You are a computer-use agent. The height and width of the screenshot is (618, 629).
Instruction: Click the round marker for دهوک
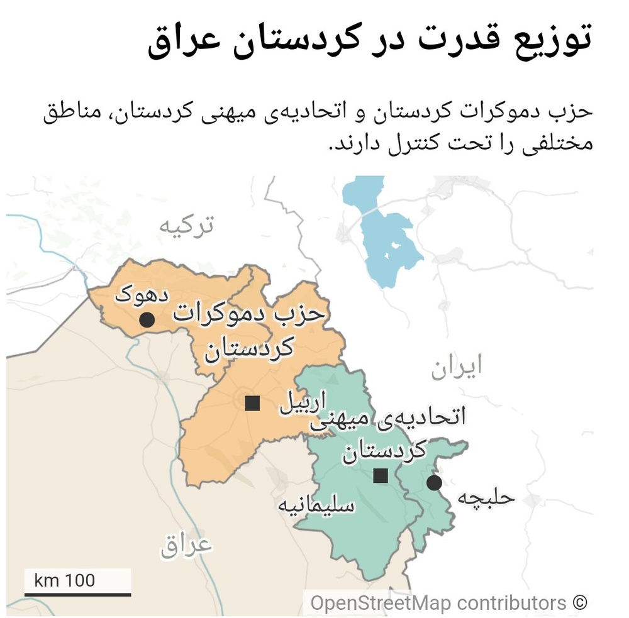point(147,320)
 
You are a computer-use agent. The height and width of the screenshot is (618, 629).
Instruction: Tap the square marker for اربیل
point(252,403)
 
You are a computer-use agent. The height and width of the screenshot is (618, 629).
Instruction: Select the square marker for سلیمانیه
point(380,476)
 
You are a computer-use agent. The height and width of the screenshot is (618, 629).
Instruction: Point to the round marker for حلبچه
point(434,483)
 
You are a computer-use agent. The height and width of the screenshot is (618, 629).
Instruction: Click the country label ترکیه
point(186,225)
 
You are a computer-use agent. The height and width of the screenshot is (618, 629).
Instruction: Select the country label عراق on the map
point(187,544)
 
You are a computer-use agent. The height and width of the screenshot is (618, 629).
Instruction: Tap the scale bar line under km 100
point(77,593)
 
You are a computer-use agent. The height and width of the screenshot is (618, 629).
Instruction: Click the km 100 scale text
point(65,579)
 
